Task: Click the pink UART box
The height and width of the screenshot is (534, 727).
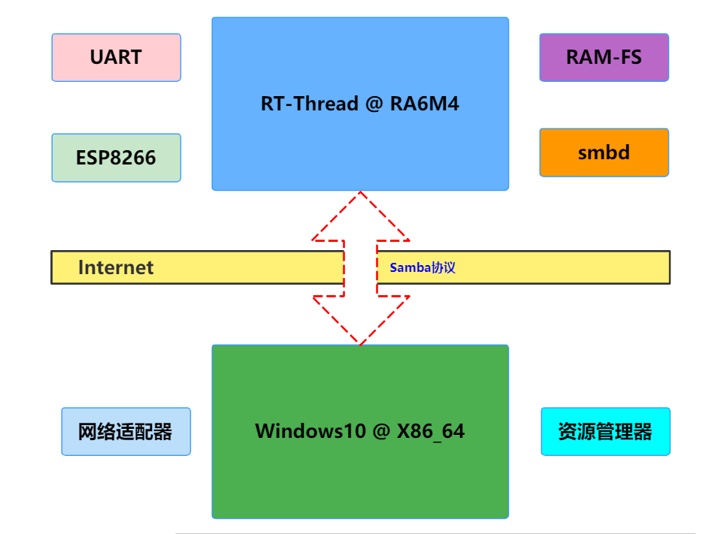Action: point(116,57)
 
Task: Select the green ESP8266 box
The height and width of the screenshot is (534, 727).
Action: point(116,158)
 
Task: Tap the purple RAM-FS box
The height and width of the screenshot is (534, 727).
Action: point(604,57)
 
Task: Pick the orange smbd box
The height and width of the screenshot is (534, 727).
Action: point(604,152)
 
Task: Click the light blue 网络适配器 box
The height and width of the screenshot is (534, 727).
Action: point(126,432)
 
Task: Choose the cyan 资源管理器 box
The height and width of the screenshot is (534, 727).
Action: point(605,432)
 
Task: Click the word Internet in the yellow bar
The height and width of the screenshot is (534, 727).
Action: point(116,267)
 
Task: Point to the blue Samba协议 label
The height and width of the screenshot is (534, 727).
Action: point(423,267)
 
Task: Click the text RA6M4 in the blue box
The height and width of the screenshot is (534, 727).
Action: point(424,104)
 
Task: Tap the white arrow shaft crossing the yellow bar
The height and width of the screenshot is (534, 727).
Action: point(361,267)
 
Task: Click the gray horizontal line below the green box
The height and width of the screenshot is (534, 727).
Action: point(436,533)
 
